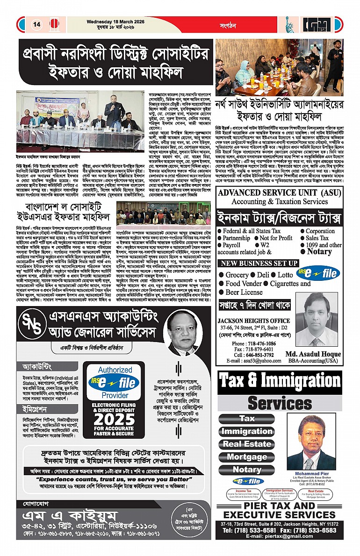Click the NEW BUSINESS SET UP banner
tap(259, 264)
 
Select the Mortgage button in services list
tap(247, 457)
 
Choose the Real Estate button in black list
tap(247, 444)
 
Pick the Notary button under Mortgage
tap(247, 470)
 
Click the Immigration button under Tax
tap(247, 431)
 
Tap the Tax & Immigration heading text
tap(280, 381)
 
